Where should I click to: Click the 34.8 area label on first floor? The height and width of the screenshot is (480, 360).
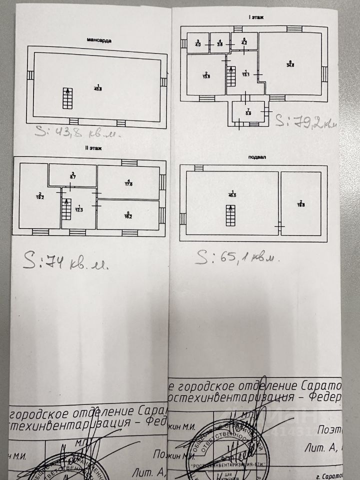point(290,63)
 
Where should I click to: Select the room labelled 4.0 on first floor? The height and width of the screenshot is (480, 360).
point(198,43)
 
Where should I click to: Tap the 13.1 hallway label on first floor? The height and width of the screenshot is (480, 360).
point(244,74)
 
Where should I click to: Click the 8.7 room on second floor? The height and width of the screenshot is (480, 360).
point(72,175)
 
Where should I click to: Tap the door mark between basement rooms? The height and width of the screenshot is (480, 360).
point(279,227)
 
